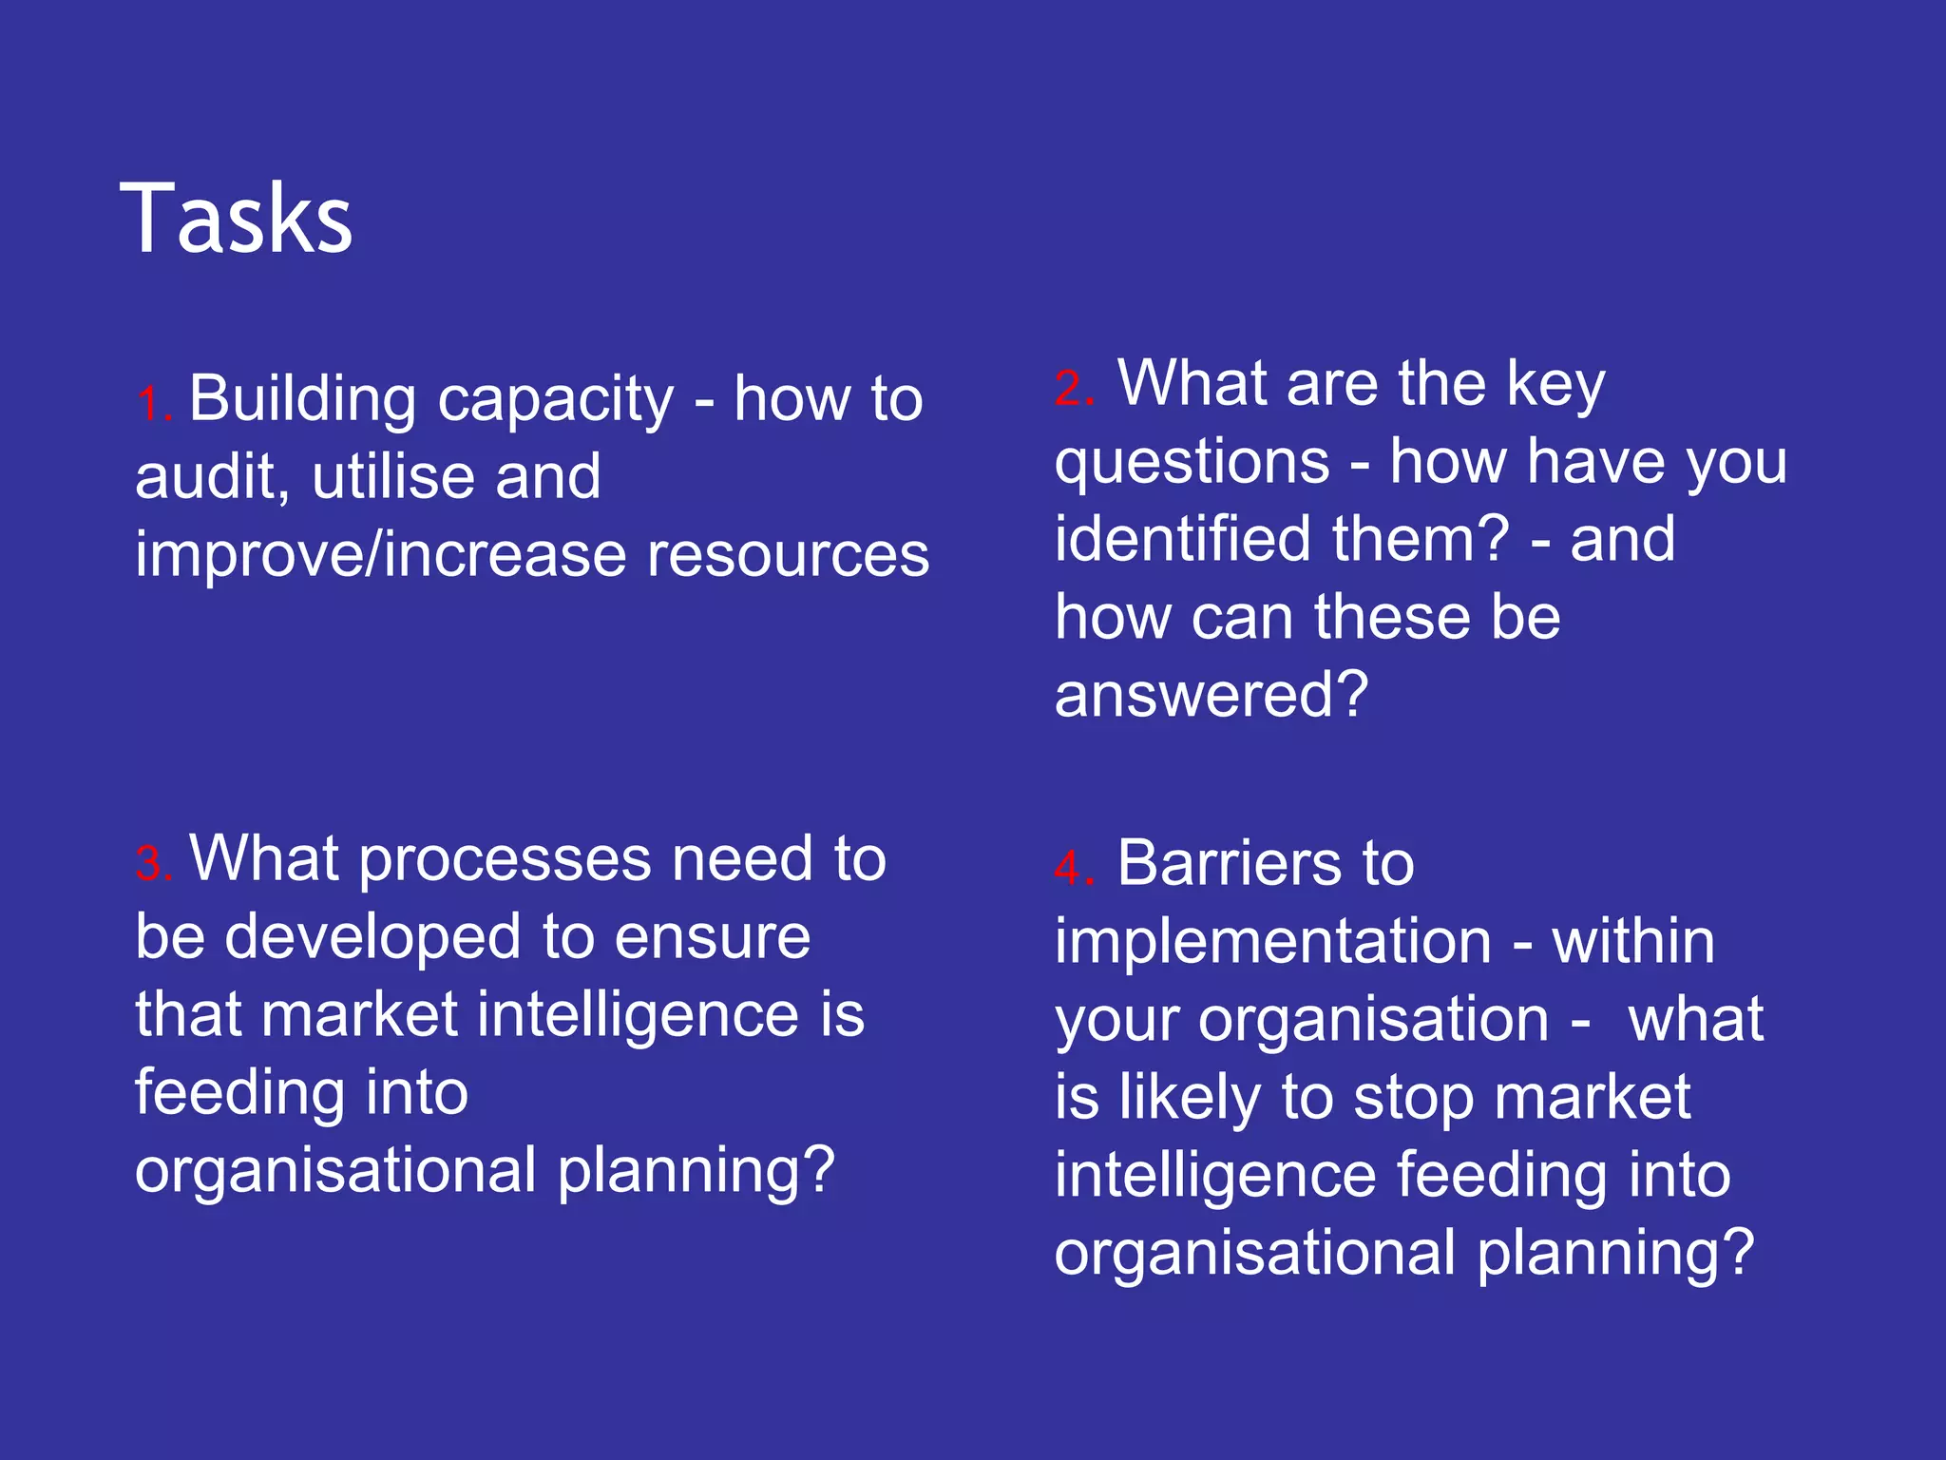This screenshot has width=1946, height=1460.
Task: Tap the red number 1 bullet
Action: coord(152,403)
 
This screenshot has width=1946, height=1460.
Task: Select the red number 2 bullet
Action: coord(1074,389)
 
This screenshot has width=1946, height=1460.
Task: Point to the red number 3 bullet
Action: coord(152,864)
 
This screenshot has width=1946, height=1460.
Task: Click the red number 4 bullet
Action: coord(1074,869)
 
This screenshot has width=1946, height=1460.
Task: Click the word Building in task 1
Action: coord(302,399)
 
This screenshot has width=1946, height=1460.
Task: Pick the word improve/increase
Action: coord(380,555)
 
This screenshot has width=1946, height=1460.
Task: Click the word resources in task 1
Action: coord(788,555)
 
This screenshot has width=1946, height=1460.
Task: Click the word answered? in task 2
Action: coord(1211,695)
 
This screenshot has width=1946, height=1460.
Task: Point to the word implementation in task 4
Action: coord(1272,942)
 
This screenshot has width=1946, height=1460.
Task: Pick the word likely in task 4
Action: coord(1189,1098)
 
